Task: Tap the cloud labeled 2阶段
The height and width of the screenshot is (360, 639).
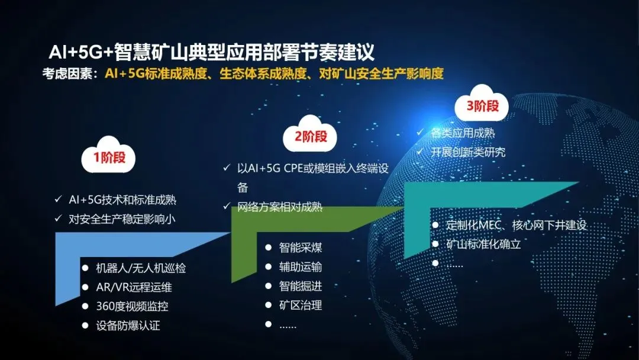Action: click(310, 134)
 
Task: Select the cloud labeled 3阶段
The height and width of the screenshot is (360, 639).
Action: click(482, 104)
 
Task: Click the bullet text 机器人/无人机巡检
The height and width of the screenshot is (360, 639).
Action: click(141, 268)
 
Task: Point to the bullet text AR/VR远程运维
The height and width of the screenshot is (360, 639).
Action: click(134, 287)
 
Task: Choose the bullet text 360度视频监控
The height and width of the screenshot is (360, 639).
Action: click(132, 306)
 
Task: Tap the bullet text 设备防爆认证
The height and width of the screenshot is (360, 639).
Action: click(128, 325)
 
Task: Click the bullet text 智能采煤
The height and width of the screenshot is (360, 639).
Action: click(301, 247)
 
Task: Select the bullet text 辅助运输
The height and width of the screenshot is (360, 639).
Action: click(301, 266)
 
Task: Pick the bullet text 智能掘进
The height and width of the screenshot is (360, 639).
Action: click(301, 286)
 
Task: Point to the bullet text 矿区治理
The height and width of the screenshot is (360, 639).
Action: click(301, 305)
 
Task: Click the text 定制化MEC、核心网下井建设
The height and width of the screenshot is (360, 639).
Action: click(517, 225)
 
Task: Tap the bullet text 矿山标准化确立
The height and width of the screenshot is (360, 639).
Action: click(484, 244)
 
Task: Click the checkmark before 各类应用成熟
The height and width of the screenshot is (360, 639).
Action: click(419, 132)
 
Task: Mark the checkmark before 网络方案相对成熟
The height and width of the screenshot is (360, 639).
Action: click(227, 206)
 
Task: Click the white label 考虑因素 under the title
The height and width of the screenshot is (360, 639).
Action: click(67, 74)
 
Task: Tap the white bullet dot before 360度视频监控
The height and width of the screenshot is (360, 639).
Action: click(85, 306)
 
